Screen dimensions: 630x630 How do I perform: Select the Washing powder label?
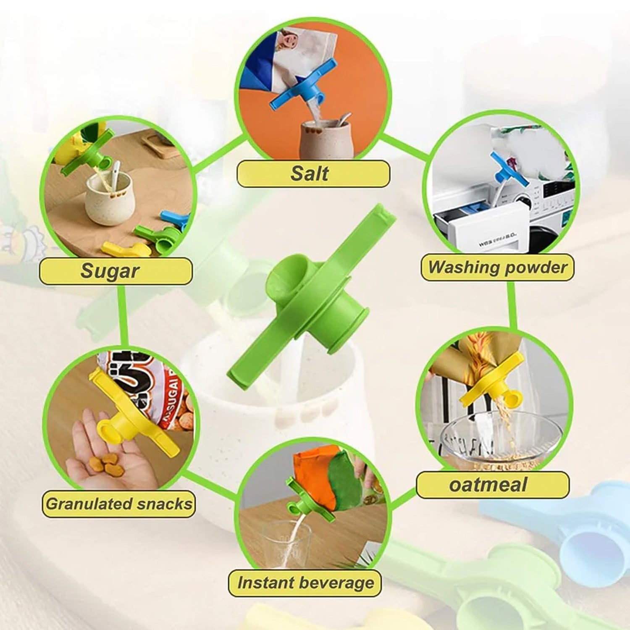coord(497,268)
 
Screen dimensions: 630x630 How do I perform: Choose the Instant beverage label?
coord(305,583)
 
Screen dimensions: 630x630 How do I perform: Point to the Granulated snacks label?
coord(118,504)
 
